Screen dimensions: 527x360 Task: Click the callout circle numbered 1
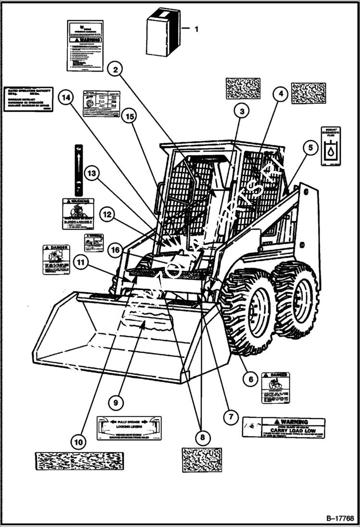(x=196, y=29)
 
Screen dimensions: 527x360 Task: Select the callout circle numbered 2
(x=115, y=70)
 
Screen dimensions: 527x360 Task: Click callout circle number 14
(x=66, y=98)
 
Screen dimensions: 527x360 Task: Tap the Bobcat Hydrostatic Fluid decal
(x=332, y=146)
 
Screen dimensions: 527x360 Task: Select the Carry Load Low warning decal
(x=284, y=427)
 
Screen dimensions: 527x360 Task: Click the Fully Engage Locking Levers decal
(x=129, y=429)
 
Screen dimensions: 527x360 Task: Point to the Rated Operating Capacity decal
(x=28, y=99)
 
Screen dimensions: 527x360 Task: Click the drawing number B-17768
(x=340, y=518)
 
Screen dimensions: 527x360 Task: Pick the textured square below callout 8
(x=202, y=460)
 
